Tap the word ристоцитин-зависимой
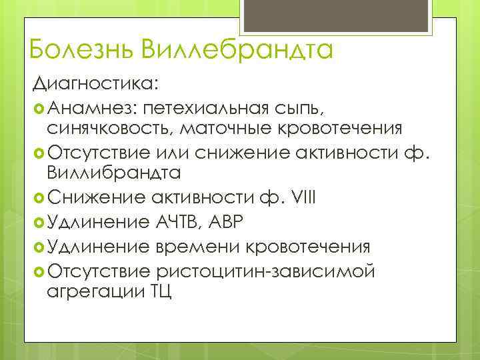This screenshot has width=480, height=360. point(264,271)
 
